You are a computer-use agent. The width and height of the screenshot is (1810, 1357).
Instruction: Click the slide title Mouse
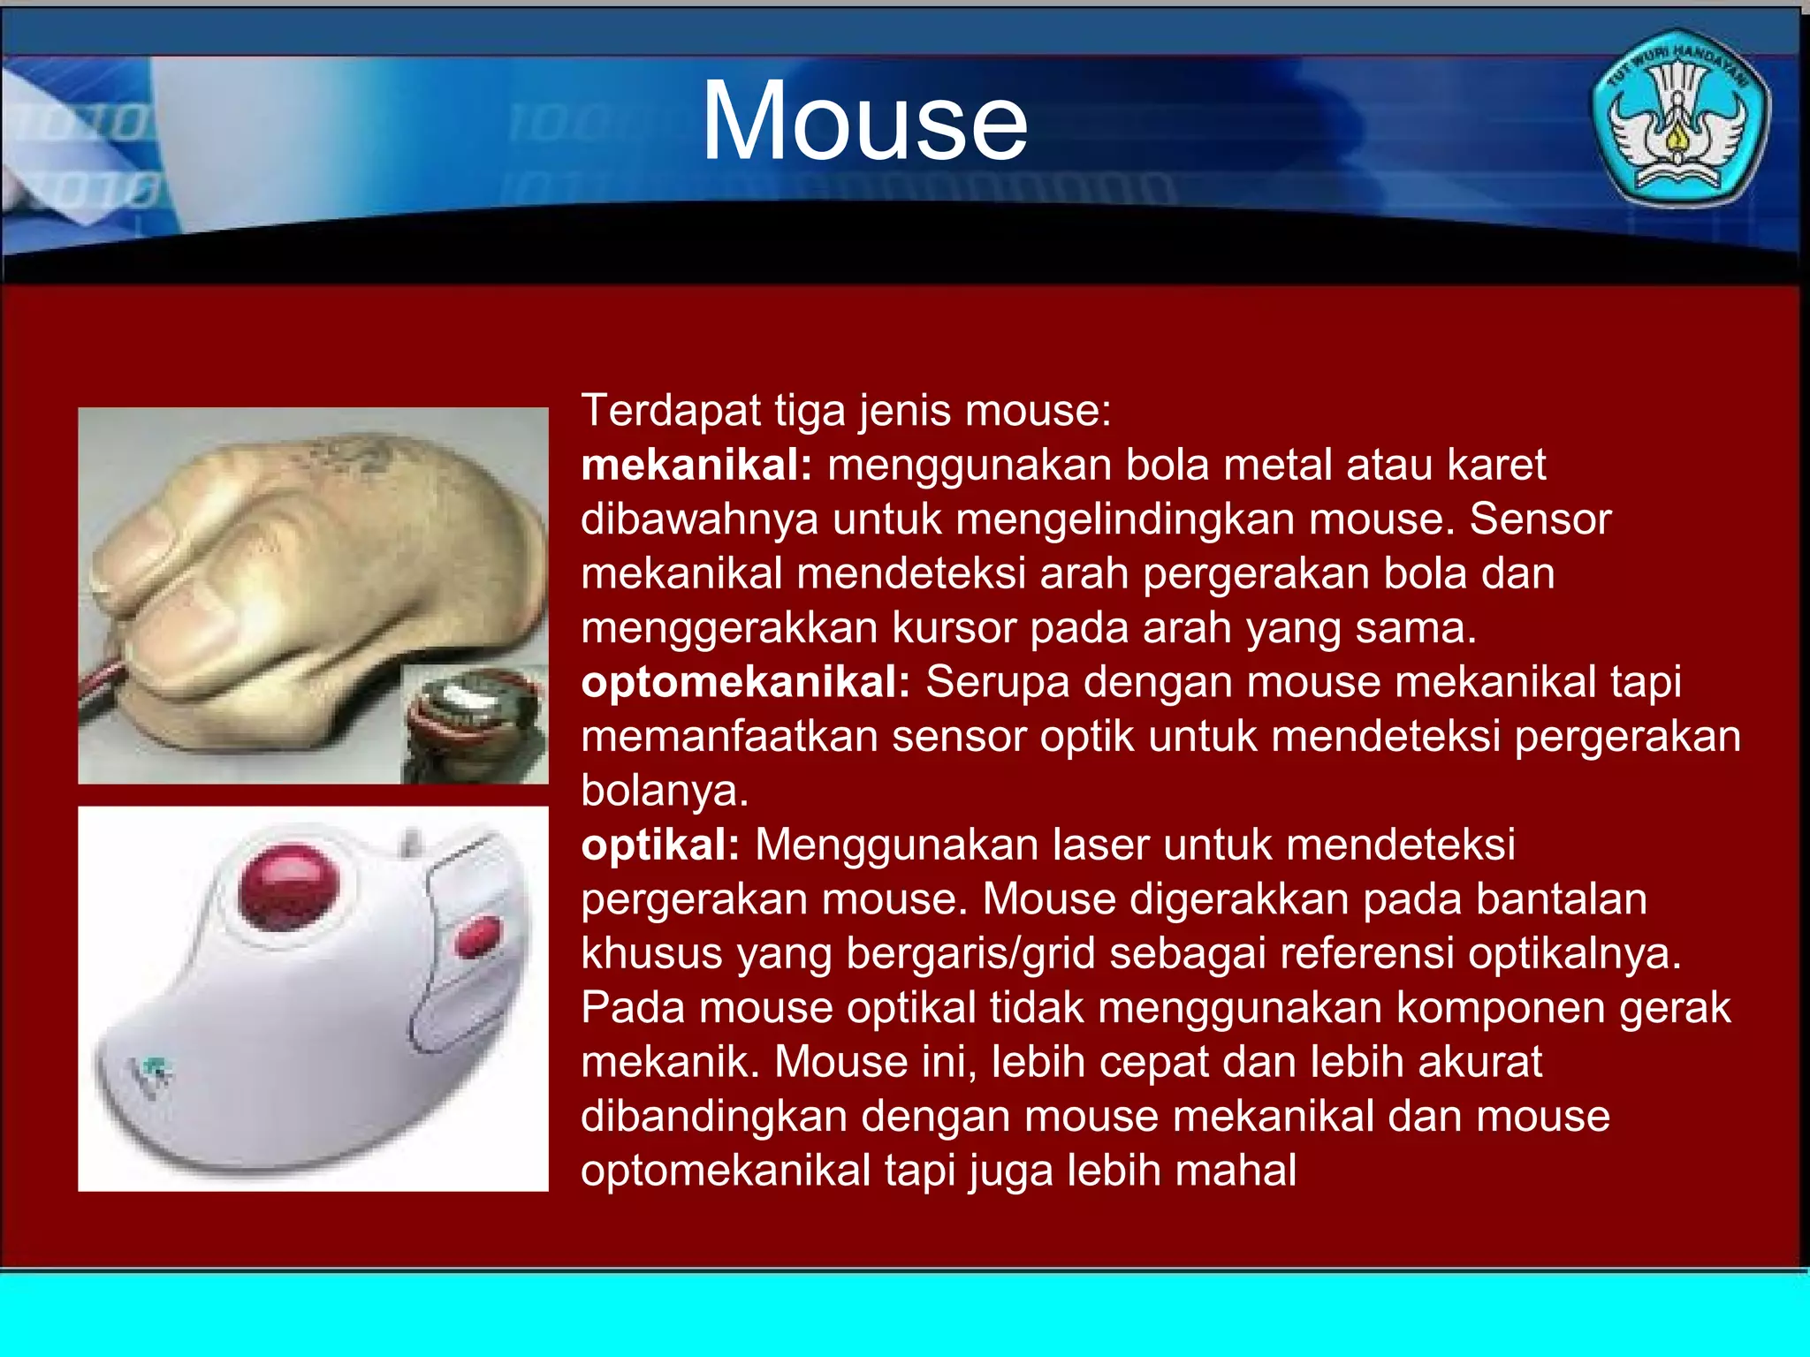864,121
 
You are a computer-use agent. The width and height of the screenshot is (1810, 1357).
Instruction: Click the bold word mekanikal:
696,465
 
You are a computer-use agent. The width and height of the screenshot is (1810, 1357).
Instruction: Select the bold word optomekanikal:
745,682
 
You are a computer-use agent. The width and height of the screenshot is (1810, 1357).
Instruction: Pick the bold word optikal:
660,845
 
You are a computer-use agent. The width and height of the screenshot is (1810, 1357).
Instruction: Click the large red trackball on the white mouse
289,887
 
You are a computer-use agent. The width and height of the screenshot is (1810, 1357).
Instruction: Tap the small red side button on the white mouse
477,936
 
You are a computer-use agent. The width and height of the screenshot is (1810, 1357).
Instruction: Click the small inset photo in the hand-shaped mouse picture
474,724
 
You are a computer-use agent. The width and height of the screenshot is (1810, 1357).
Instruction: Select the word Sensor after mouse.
1540,519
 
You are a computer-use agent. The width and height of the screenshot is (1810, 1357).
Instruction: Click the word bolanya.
665,791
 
